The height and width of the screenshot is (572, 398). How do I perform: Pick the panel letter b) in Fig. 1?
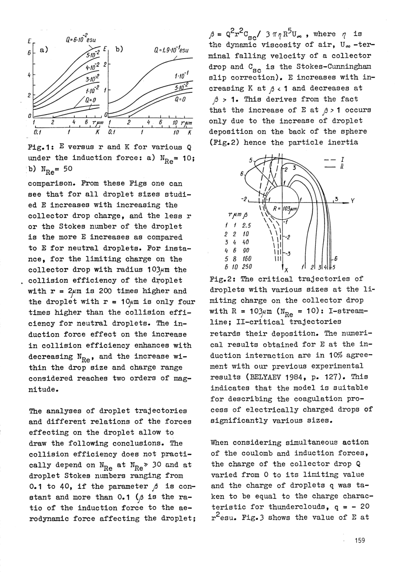120,50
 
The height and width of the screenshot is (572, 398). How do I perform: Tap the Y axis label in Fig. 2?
352,200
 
